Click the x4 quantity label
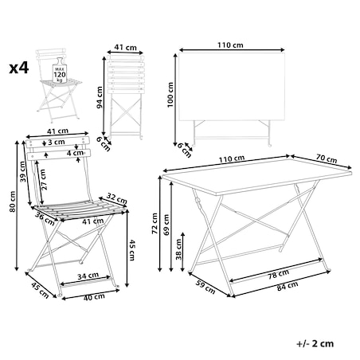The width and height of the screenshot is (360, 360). click(19, 68)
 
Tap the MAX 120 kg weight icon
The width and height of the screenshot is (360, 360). click(60, 70)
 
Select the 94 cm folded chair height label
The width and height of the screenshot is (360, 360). click(100, 97)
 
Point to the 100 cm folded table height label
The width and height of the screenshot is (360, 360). click(170, 95)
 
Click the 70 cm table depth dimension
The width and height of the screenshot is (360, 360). click(327, 159)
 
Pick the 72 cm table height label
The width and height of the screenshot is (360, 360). click(155, 224)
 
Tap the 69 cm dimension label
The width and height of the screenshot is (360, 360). click(166, 225)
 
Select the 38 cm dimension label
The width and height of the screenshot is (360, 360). click(178, 249)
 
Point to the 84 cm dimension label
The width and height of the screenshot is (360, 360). click(288, 286)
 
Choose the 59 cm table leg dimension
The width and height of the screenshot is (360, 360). click(205, 287)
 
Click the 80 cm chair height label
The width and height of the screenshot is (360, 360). click(12, 202)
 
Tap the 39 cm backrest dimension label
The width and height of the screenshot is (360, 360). click(23, 171)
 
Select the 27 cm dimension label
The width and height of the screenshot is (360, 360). click(44, 179)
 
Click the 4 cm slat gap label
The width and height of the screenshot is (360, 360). click(75, 153)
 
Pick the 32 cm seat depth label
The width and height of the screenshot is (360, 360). click(117, 198)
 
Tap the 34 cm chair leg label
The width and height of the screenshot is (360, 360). click(88, 276)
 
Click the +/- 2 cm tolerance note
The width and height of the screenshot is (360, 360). click(315, 344)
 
